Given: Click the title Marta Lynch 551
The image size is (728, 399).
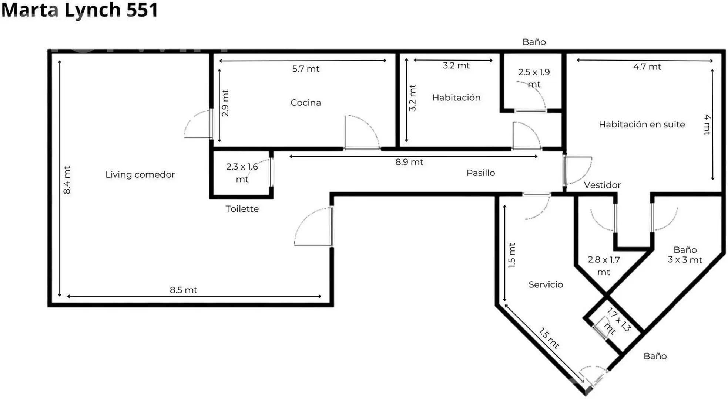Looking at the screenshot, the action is (80, 10).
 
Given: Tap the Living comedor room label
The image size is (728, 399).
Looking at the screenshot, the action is (140, 174).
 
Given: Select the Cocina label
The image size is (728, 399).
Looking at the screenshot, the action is (306, 102).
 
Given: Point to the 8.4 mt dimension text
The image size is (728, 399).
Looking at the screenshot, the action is (67, 180).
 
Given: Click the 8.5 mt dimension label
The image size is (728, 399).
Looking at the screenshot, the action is (184, 290).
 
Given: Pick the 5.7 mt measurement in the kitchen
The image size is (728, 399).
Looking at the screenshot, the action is (306, 69).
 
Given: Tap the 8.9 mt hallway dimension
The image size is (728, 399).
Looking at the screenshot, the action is (409, 162).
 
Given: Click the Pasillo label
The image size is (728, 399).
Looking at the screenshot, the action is (481, 173).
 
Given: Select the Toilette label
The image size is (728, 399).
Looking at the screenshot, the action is (242, 209).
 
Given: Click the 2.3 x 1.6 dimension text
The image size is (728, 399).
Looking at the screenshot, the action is (242, 167).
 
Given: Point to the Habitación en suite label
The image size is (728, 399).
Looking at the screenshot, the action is (642, 124).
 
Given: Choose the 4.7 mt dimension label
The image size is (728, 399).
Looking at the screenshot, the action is (647, 67).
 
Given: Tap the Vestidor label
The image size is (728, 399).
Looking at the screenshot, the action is (602, 185).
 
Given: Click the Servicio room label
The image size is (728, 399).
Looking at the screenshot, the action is (546, 284).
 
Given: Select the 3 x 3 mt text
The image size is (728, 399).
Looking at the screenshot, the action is (685, 260).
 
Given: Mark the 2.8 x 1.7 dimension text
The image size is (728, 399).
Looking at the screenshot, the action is (604, 260).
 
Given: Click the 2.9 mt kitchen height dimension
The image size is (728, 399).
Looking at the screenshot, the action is (225, 103).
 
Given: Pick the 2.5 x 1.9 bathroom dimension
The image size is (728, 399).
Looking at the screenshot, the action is (534, 72).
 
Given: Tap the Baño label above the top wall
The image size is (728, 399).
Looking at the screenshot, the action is (534, 42).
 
